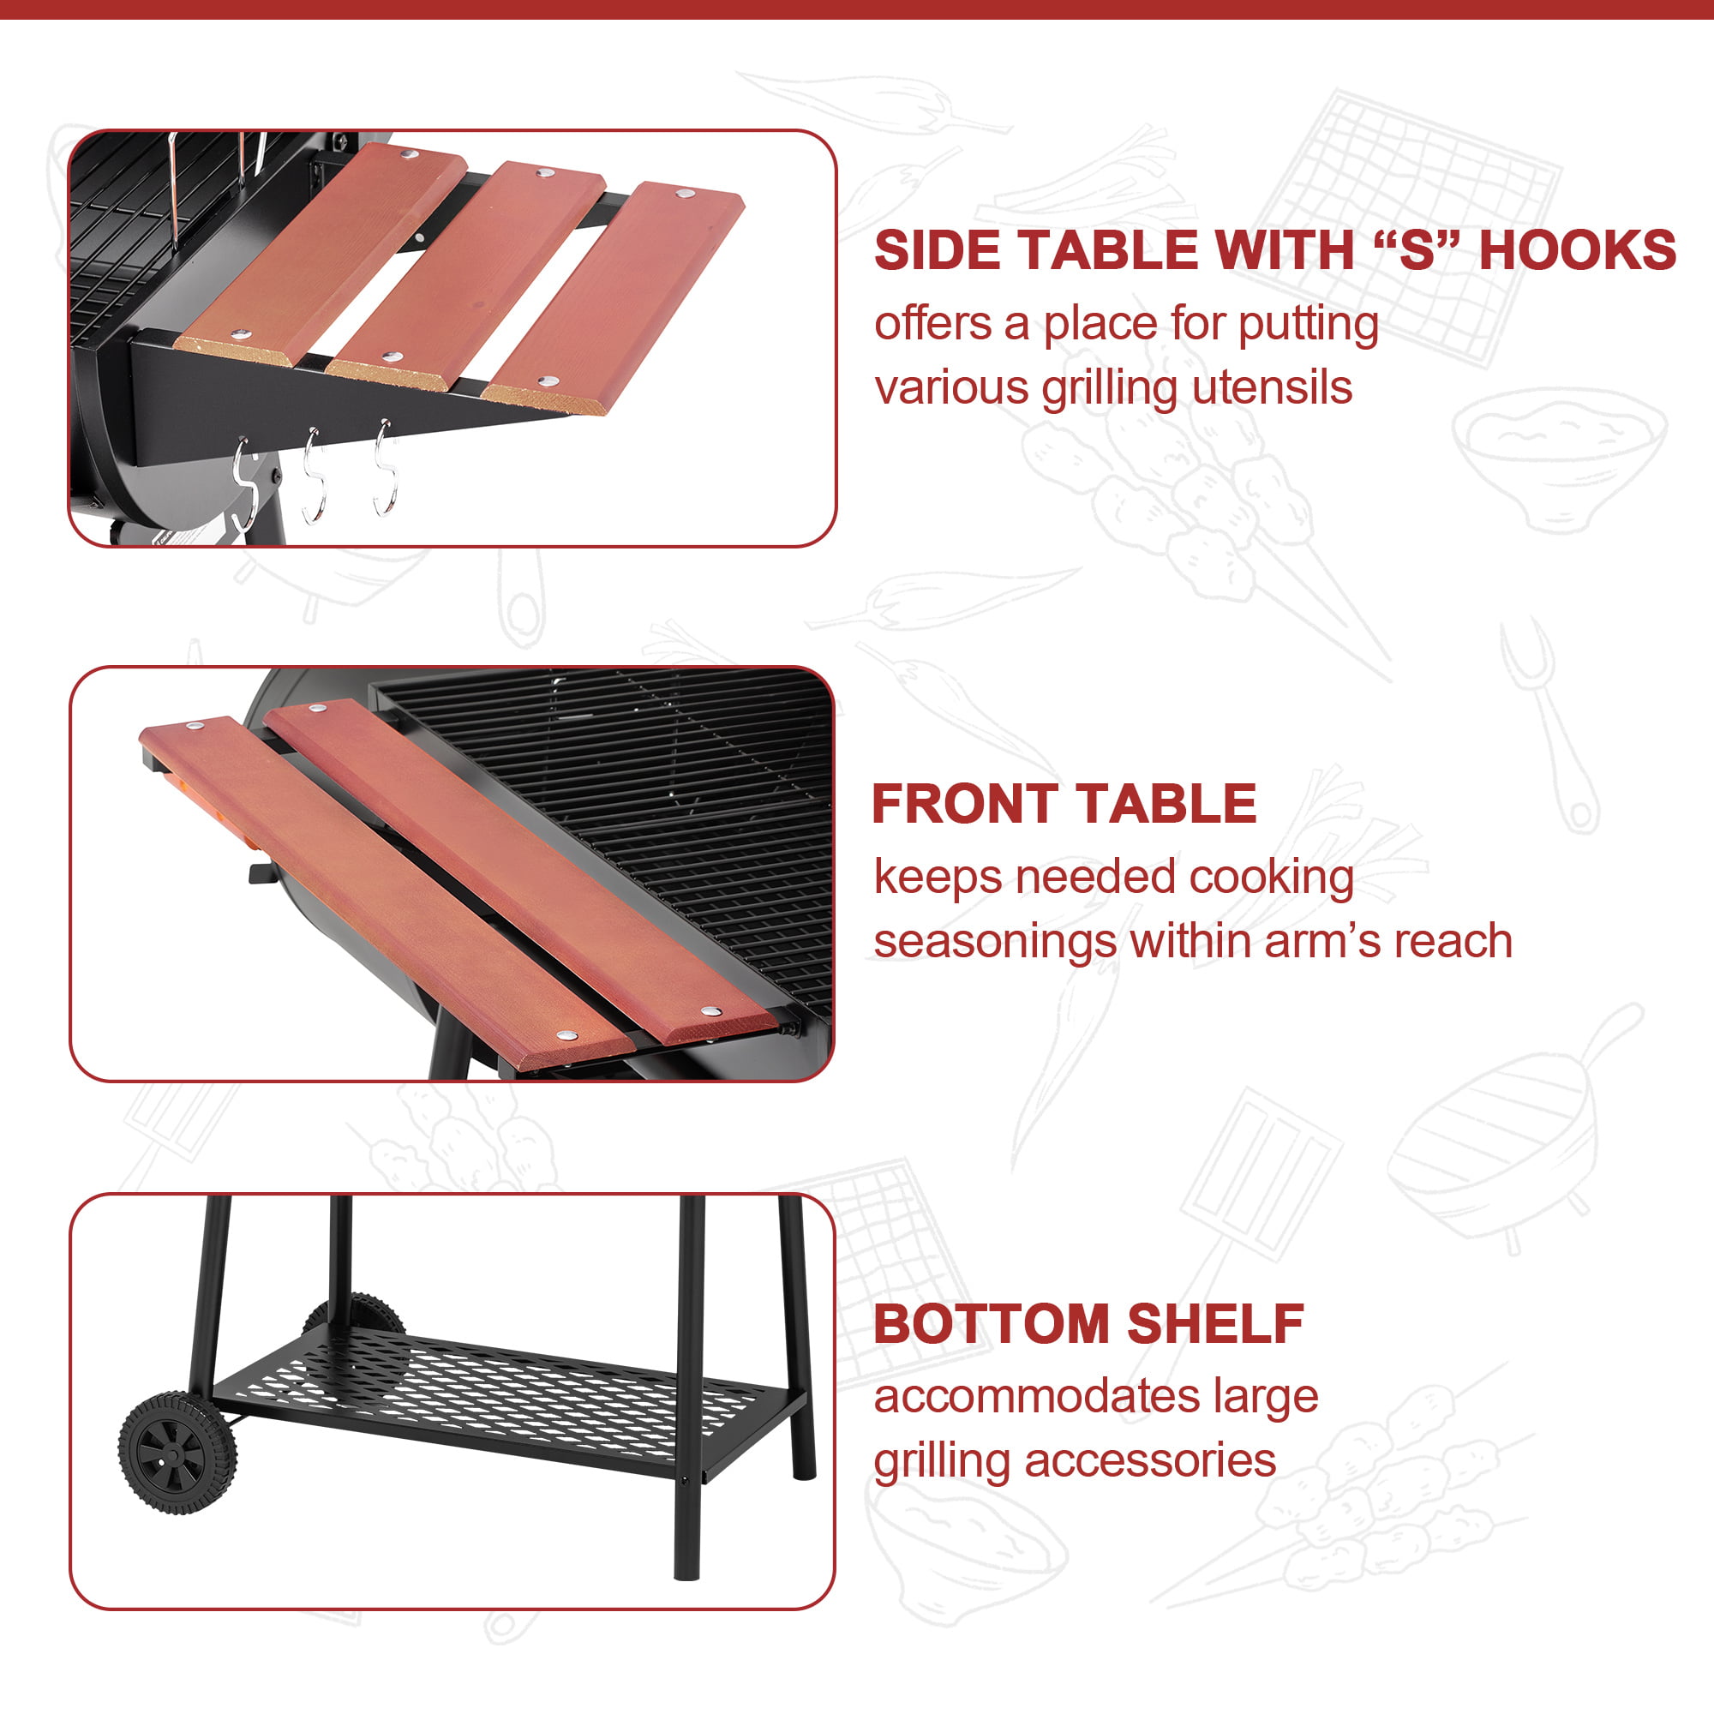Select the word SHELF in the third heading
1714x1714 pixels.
pos(1215,1325)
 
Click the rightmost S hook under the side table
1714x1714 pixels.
pos(384,470)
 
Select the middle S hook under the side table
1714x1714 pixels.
pos(313,476)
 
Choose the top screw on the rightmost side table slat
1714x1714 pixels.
pos(684,194)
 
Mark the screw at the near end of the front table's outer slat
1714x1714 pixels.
pos(566,1035)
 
